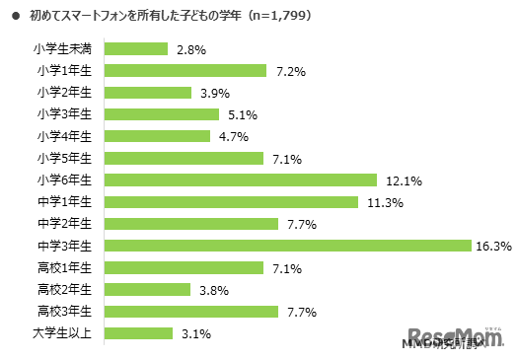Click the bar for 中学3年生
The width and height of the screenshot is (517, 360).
[x=287, y=246]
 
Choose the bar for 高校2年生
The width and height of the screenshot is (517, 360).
[x=146, y=289]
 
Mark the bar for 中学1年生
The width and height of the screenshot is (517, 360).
[x=230, y=202]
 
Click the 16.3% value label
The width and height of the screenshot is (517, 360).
[x=492, y=246]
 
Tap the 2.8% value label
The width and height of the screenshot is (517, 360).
[x=189, y=48]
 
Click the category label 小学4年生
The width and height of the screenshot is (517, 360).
[x=64, y=136]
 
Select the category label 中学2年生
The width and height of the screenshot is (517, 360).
[x=64, y=224]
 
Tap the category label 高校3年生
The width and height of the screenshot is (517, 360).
[x=64, y=312]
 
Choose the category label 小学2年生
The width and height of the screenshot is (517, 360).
[x=64, y=93]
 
